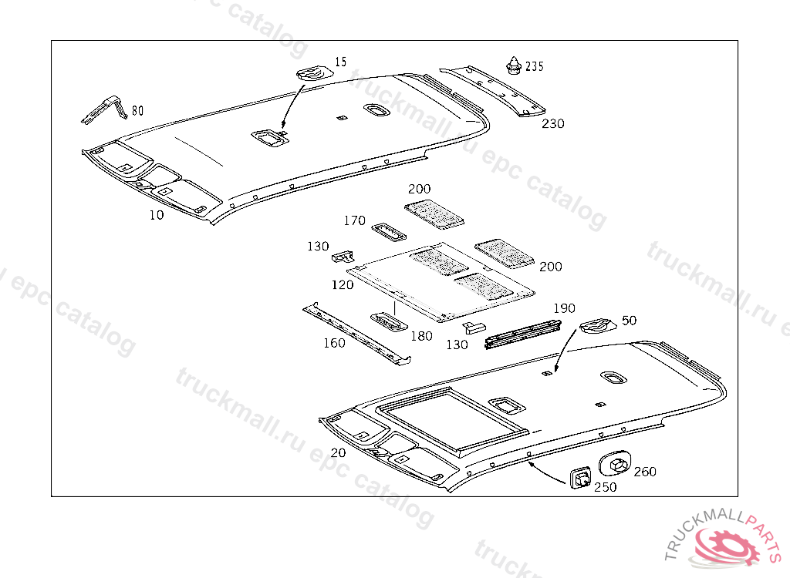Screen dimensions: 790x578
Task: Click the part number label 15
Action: tap(341, 61)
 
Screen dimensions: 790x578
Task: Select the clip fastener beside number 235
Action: tap(513, 65)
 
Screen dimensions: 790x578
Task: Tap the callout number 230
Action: tap(553, 123)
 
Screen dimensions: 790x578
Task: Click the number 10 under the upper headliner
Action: tap(157, 215)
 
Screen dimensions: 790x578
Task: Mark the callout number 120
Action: tap(343, 284)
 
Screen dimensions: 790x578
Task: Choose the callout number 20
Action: tap(338, 452)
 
